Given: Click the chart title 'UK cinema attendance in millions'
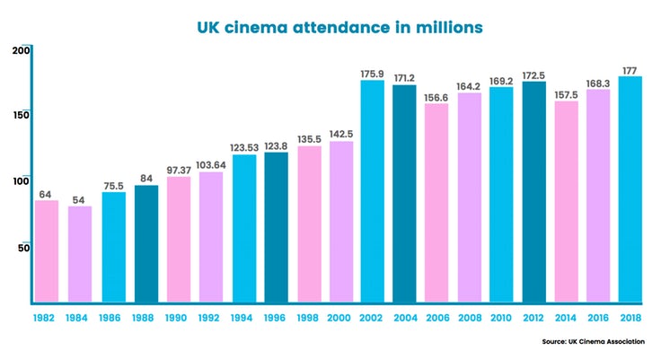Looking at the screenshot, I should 339,28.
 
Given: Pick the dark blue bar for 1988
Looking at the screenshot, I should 146,243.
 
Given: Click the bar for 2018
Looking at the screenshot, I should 630,189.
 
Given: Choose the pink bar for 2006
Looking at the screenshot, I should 436,203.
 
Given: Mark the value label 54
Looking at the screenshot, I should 79,199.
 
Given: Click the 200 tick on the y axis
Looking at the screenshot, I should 22,50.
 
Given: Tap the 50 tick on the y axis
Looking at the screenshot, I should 25,247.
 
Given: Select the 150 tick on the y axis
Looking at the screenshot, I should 22,115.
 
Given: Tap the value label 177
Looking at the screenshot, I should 630,69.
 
